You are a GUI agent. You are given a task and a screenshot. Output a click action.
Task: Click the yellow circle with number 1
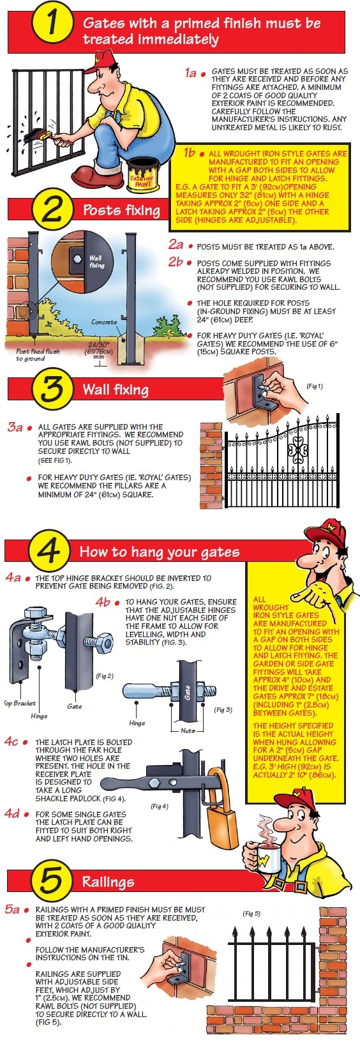click(x=51, y=24)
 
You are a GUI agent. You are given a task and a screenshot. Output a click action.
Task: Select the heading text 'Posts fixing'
click(x=121, y=210)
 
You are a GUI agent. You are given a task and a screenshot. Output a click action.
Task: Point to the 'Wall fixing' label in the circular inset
click(x=96, y=261)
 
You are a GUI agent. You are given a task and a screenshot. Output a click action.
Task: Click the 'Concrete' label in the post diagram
click(x=104, y=322)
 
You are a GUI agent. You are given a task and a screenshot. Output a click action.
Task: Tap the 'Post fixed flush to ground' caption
click(x=38, y=355)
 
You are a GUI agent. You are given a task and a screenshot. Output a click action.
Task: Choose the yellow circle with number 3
click(x=52, y=389)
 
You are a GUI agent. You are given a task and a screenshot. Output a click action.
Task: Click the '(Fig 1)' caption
click(x=315, y=386)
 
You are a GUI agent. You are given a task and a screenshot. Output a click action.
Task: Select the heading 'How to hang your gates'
click(x=160, y=551)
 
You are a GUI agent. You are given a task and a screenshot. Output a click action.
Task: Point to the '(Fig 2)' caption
click(x=105, y=676)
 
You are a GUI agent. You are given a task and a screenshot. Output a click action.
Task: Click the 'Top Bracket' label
click(x=19, y=703)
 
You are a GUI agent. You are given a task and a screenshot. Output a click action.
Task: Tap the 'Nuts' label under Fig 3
click(x=188, y=730)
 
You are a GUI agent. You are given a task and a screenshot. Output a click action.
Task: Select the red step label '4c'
click(x=11, y=742)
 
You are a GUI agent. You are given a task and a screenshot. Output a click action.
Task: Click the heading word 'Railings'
click(x=109, y=882)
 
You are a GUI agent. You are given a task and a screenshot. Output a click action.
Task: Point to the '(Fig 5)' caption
click(x=251, y=913)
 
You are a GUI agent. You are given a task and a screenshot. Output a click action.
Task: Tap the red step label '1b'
click(x=189, y=153)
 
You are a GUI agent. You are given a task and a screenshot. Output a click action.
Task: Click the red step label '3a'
click(x=15, y=427)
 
